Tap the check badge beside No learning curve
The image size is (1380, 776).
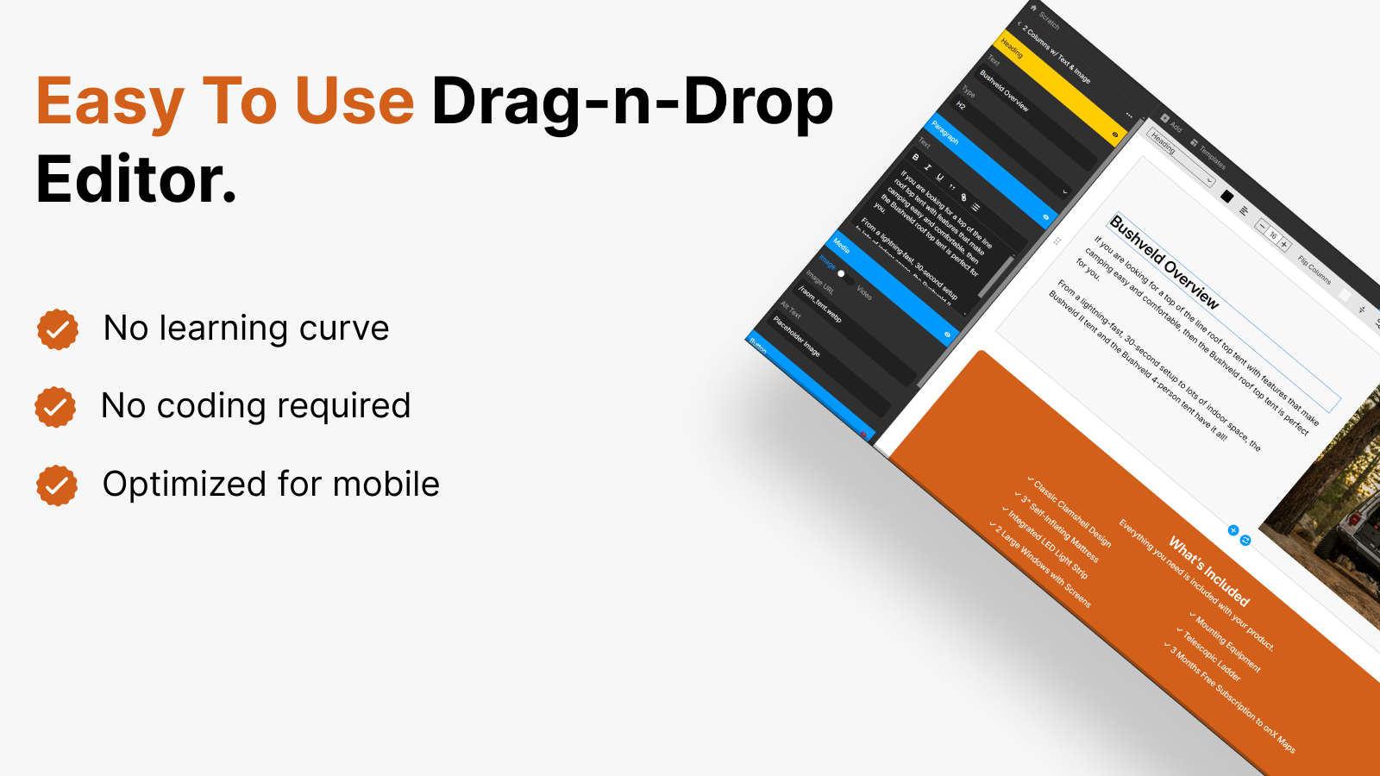[x=58, y=329]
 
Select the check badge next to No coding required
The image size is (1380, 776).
[x=55, y=407]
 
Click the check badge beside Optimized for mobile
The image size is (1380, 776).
[x=57, y=485]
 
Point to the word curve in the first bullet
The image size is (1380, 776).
[x=344, y=329]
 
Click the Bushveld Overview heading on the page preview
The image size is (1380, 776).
[x=1164, y=262]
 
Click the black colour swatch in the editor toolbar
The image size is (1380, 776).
[x=1227, y=197]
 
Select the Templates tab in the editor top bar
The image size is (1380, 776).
[x=1212, y=157]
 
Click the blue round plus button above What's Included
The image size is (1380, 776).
[x=1233, y=530]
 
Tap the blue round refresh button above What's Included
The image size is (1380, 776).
[x=1245, y=541]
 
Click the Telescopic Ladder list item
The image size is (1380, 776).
[x=1211, y=655]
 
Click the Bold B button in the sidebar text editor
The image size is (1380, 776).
[x=915, y=157]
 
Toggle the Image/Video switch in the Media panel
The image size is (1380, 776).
[x=844, y=276]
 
